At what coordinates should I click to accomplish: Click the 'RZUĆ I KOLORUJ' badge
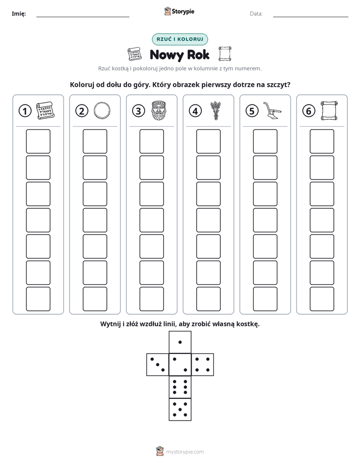coord(179,39)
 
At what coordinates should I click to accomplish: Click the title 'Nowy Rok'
coord(179,55)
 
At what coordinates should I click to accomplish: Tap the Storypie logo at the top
coord(179,12)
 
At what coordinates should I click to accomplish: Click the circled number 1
coord(25,111)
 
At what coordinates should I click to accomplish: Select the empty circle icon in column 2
coord(102,110)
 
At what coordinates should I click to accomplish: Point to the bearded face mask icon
coord(159,110)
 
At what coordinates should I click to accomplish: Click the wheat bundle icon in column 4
coord(216,110)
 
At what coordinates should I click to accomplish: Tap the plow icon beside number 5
coord(272,110)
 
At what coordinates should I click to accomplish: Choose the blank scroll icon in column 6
coord(329,110)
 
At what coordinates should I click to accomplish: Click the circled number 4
coord(195,111)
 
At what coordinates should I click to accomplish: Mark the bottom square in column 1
coord(38,299)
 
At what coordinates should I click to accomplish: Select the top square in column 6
coord(322,141)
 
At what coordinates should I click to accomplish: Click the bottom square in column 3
coord(151,299)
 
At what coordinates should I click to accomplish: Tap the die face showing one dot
coord(180,342)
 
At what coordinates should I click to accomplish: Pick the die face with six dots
coord(180,387)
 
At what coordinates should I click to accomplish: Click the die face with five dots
coord(180,410)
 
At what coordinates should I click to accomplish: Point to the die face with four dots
coord(203,365)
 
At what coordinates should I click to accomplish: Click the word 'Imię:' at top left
coord(19,14)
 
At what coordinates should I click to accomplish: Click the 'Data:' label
coord(256,14)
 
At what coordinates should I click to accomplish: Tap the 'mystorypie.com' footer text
coord(185,452)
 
